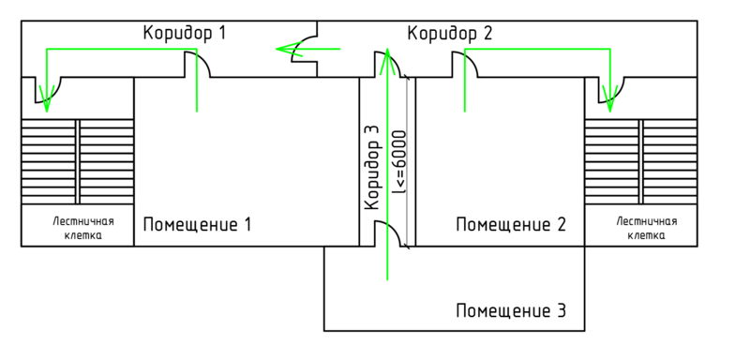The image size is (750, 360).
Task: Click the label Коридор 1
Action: pyautogui.click(x=185, y=33)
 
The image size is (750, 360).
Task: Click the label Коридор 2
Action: pyautogui.click(x=449, y=34)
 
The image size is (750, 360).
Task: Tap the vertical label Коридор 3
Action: pyautogui.click(x=372, y=167)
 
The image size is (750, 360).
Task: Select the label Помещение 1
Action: pyautogui.click(x=197, y=225)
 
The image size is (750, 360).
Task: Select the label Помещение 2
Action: pyautogui.click(x=510, y=225)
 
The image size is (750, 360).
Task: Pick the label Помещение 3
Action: pyautogui.click(x=510, y=309)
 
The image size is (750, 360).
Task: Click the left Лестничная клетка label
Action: pyautogui.click(x=82, y=229)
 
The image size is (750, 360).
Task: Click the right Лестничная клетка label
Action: pyautogui.click(x=646, y=229)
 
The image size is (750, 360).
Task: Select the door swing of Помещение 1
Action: pyautogui.click(x=199, y=65)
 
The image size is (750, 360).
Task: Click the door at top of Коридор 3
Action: pyautogui.click(x=390, y=66)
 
